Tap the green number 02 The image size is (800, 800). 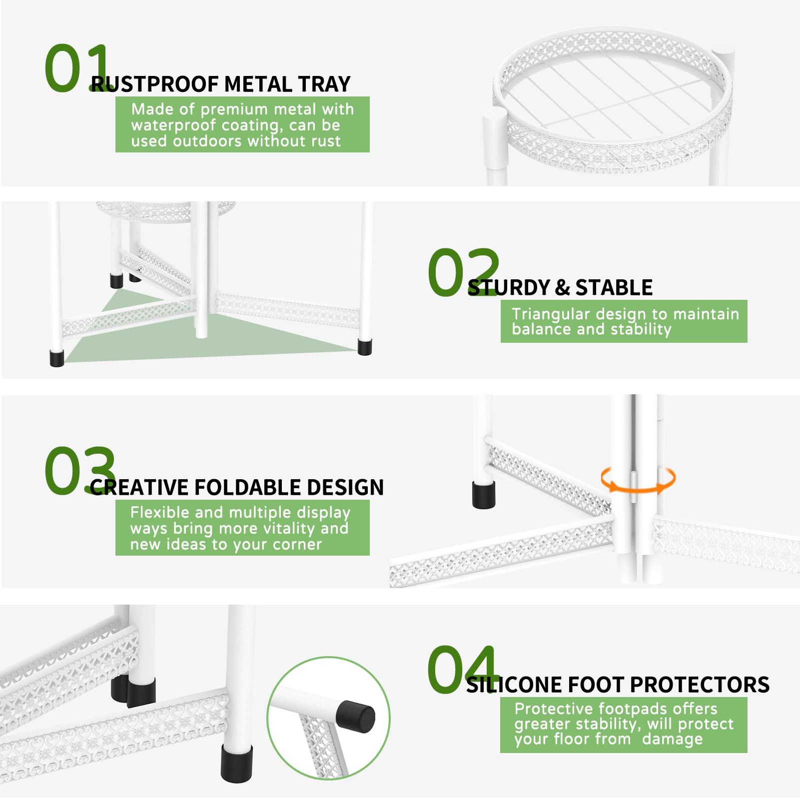(464, 272)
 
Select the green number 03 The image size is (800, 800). (80, 471)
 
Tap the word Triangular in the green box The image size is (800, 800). (551, 314)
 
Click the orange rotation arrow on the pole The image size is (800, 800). (638, 480)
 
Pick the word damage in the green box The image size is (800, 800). (673, 739)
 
